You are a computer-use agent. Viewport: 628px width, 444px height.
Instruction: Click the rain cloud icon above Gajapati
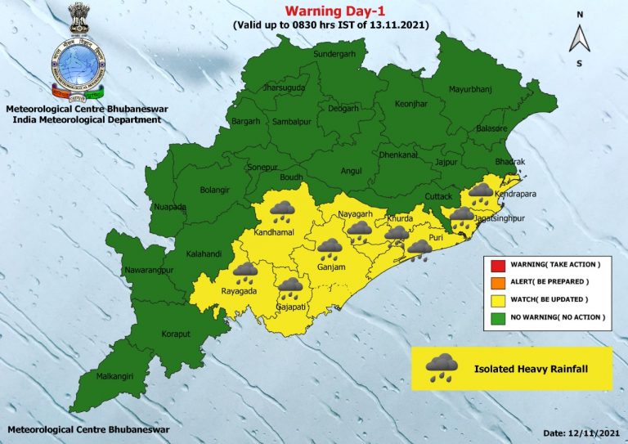289,289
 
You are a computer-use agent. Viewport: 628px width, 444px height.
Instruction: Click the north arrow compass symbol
579,38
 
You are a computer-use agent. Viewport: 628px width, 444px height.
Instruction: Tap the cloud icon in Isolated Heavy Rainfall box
442,367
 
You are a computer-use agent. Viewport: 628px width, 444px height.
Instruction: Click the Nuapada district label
171,208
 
